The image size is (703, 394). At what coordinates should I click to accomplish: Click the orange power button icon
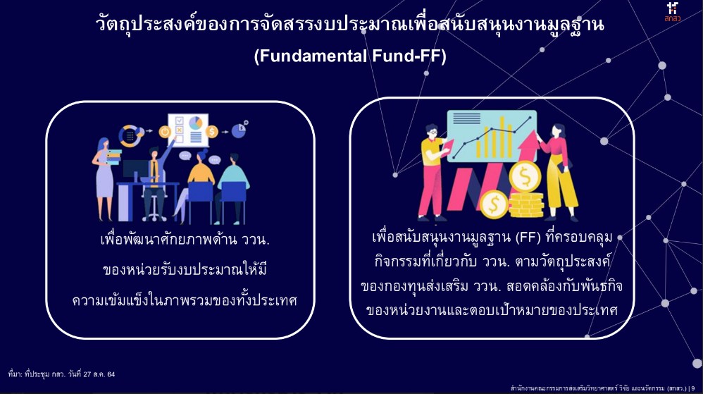point(165,132)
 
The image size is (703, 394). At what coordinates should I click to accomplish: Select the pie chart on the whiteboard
point(196,123)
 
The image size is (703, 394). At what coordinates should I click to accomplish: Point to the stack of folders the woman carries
point(113,157)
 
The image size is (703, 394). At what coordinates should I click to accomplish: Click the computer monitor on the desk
point(135,171)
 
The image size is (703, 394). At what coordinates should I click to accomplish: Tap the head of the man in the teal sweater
point(234,159)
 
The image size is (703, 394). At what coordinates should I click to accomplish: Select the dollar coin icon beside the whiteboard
point(211,132)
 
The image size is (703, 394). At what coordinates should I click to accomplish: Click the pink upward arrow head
point(528,140)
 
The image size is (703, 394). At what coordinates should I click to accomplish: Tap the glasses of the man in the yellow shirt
point(433,133)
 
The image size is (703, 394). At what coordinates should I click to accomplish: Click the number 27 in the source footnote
point(87,374)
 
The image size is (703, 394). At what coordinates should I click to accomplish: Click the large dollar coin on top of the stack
point(525,177)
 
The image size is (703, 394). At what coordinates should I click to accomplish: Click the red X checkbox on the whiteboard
point(180,130)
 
